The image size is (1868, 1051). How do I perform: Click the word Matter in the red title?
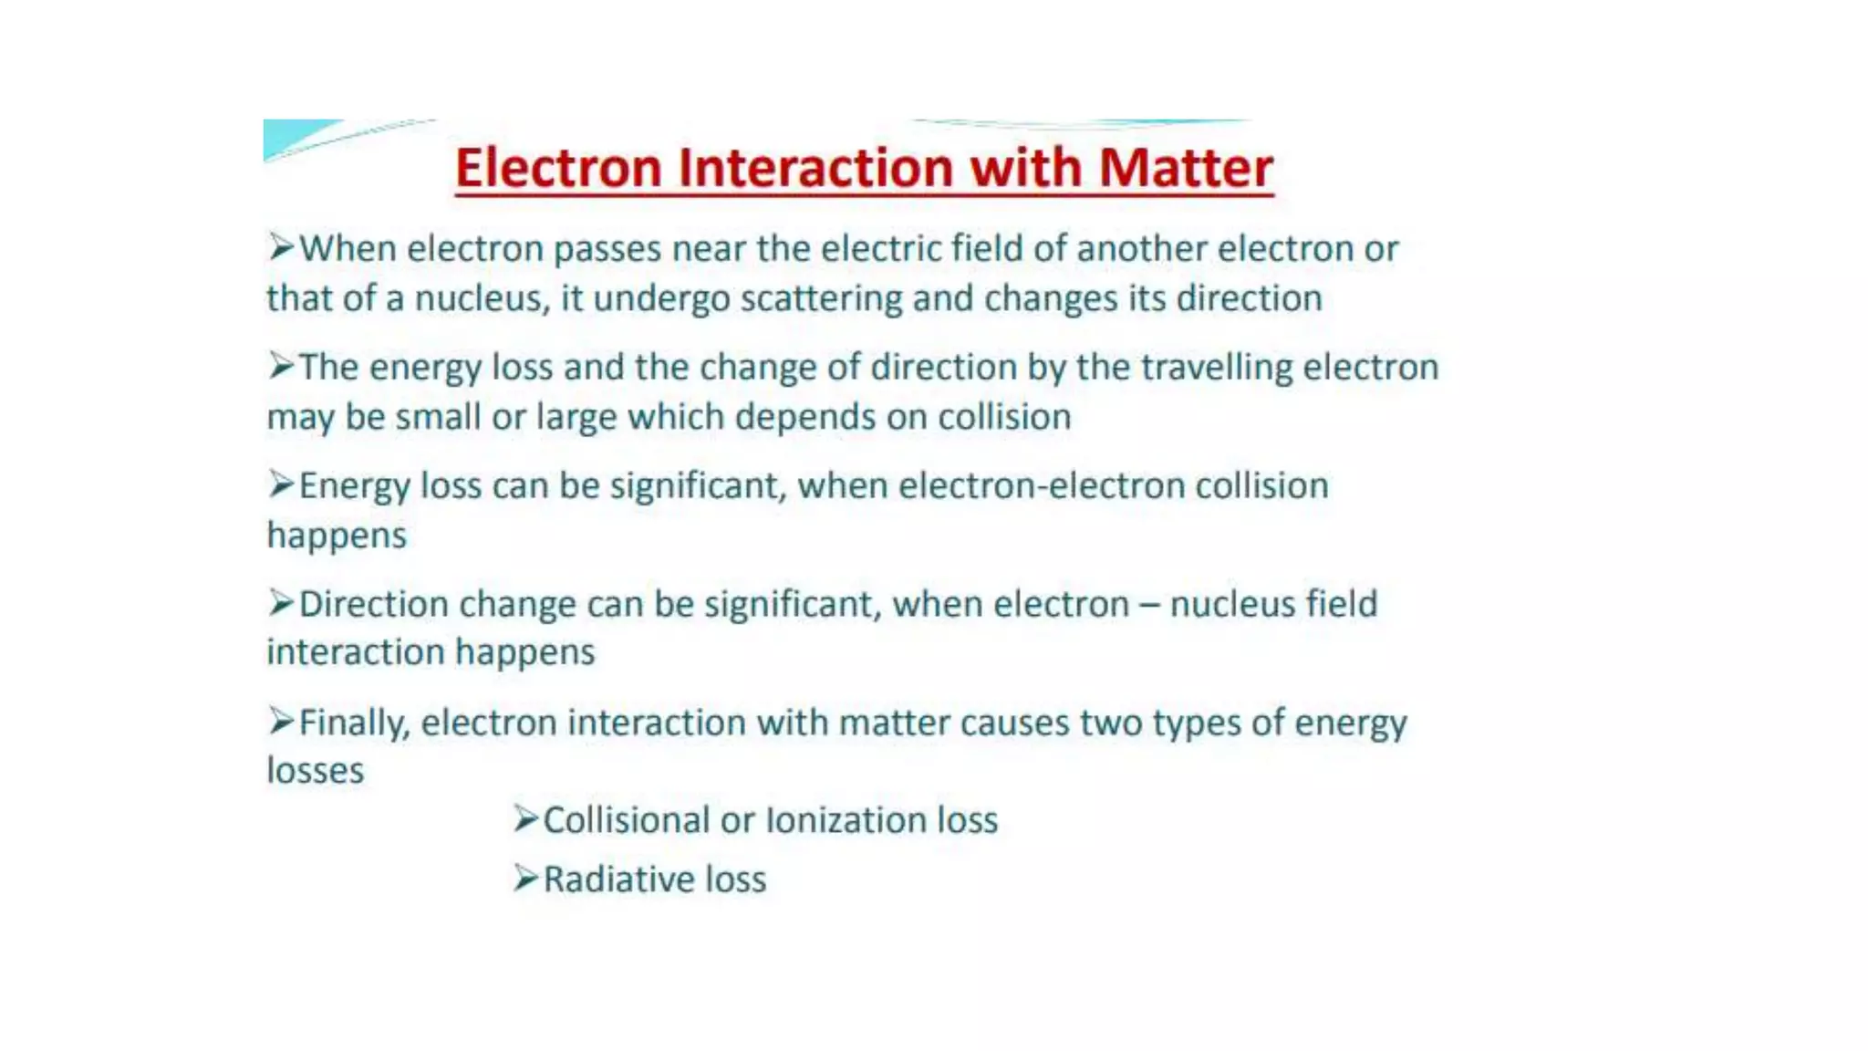pyautogui.click(x=1185, y=168)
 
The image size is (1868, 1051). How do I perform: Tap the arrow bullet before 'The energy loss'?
pyautogui.click(x=281, y=366)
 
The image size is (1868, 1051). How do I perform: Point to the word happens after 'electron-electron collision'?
pyautogui.click(x=337, y=536)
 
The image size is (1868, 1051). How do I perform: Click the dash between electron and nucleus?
pyautogui.click(x=1149, y=605)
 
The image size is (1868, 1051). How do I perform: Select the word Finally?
pyautogui.click(x=354, y=723)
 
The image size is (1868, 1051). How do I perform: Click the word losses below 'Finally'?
pyautogui.click(x=316, y=771)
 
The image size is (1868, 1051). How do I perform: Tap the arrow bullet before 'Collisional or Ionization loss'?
pyautogui.click(x=525, y=818)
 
